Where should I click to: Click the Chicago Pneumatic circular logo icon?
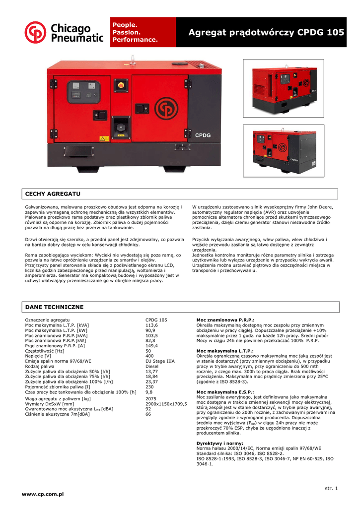(36, 32)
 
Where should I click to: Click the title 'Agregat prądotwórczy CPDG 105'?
(266, 33)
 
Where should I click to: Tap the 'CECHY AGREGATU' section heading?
(53, 193)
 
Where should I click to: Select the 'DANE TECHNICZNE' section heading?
(54, 307)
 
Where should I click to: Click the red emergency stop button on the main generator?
(121, 85)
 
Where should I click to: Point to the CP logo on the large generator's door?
(166, 108)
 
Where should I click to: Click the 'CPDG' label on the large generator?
(203, 135)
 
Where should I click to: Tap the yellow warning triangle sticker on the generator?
(103, 138)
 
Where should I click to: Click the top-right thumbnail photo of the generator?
(283, 88)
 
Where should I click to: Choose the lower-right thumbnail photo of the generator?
(283, 150)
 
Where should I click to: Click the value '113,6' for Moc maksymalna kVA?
(151, 325)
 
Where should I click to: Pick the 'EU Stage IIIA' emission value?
(159, 362)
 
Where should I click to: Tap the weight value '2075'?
(151, 398)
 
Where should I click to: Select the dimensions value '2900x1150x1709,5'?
(166, 404)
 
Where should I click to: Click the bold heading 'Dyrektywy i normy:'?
(220, 443)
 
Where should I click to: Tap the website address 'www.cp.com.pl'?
(43, 494)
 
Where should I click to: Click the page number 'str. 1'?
(331, 489)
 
